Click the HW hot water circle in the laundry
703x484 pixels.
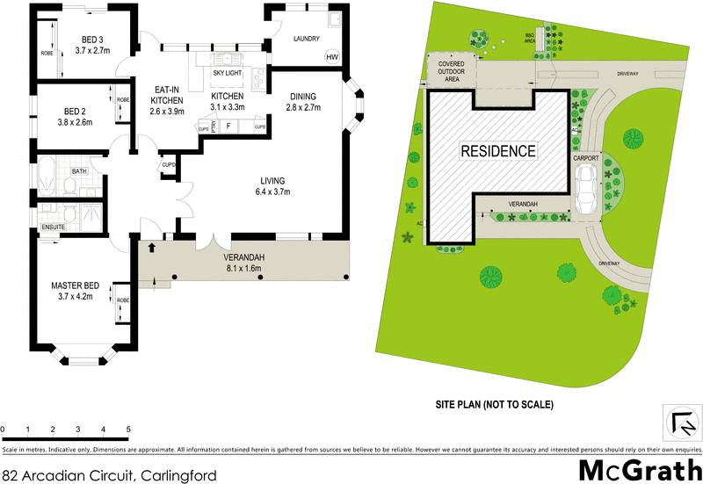pos(331,57)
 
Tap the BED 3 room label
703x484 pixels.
pos(92,39)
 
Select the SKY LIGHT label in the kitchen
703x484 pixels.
pos(230,73)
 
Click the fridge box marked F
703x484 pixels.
pos(228,127)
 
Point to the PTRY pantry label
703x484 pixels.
pos(215,127)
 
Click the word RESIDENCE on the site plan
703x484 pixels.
pos(498,151)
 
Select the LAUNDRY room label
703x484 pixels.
pos(306,39)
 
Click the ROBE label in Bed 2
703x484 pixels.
pos(123,100)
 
